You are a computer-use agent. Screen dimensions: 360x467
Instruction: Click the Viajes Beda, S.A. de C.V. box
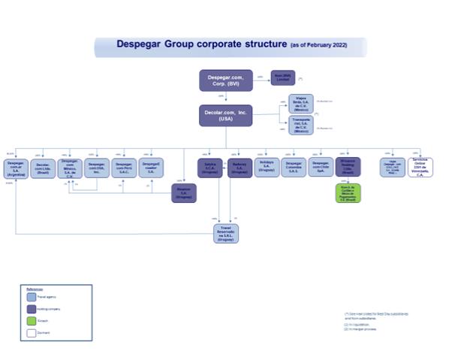pyautogui.click(x=301, y=102)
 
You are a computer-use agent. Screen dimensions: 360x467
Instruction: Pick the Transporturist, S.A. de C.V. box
pyautogui.click(x=301, y=125)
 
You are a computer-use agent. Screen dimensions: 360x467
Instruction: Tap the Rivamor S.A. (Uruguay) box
pyautogui.click(x=183, y=192)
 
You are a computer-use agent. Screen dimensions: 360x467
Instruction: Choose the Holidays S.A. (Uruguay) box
pyautogui.click(x=267, y=166)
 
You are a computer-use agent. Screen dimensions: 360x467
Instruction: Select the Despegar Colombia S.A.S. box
pyautogui.click(x=294, y=168)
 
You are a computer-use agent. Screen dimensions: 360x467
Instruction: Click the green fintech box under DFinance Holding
pyautogui.click(x=348, y=192)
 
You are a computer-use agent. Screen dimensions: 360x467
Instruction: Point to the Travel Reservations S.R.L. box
pyautogui.click(x=225, y=233)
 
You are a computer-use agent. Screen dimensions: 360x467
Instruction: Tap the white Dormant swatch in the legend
pyautogui.click(x=32, y=332)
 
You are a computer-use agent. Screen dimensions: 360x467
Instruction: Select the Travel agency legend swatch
pyautogui.click(x=32, y=297)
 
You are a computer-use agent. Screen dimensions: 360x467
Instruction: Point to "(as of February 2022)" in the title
pyautogui.click(x=318, y=45)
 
